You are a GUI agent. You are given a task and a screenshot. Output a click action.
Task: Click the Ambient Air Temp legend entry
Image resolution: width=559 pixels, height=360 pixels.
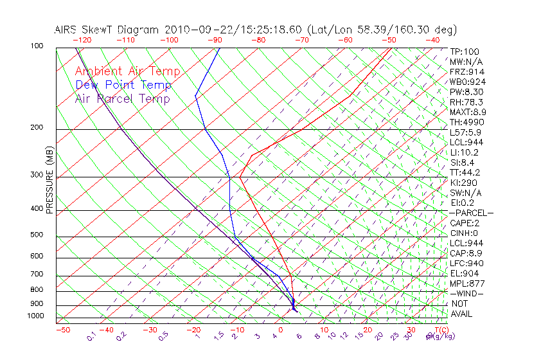(x=127, y=71)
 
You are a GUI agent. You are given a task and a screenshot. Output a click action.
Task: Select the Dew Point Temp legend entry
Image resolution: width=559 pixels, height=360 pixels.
(x=123, y=85)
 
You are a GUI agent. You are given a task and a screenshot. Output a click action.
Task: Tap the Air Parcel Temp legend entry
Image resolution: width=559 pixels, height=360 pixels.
(x=123, y=98)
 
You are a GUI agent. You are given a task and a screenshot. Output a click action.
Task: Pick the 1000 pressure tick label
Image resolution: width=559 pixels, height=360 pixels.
(x=35, y=316)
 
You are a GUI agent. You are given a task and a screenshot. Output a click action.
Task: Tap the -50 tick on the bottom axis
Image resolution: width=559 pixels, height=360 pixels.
(x=63, y=330)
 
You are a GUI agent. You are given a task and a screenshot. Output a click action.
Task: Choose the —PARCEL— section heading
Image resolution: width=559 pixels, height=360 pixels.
(x=471, y=213)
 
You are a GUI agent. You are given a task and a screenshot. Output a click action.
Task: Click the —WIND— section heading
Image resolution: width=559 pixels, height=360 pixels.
(x=467, y=293)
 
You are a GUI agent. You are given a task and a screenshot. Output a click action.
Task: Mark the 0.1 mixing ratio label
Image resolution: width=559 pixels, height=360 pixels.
(x=91, y=336)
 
